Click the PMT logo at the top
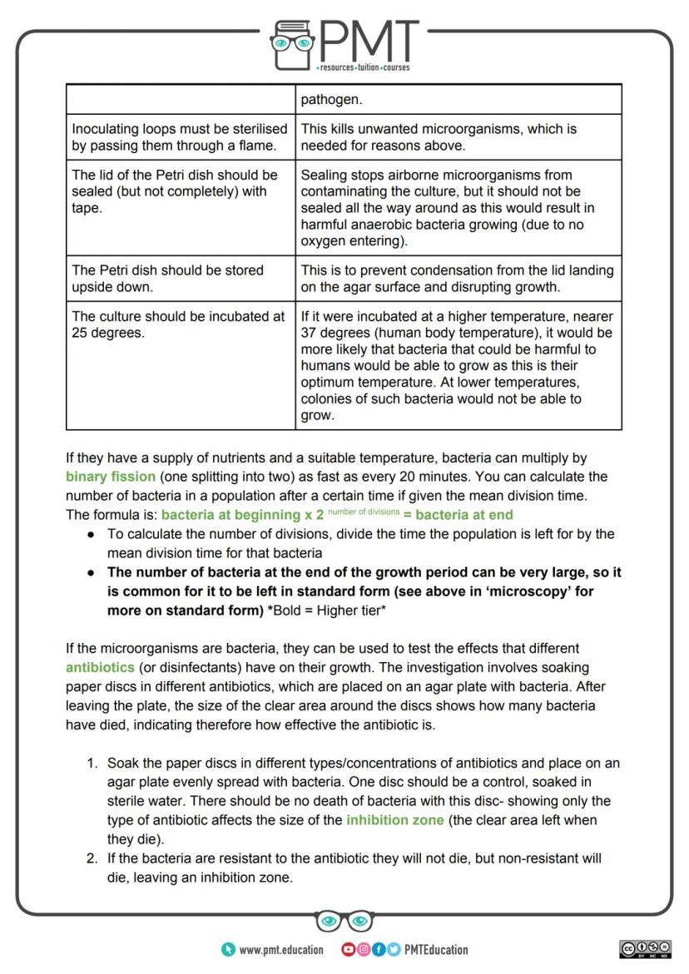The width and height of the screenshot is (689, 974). pyautogui.click(x=344, y=42)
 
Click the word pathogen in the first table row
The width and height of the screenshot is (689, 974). pyautogui.click(x=331, y=100)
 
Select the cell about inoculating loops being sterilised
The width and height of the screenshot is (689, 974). pyautogui.click(x=180, y=137)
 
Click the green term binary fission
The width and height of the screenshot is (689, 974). pyautogui.click(x=111, y=477)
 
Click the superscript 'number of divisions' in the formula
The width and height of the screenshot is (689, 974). pyautogui.click(x=364, y=512)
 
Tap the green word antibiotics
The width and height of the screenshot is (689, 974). pyautogui.click(x=100, y=667)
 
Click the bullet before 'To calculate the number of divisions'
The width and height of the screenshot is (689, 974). pyautogui.click(x=91, y=534)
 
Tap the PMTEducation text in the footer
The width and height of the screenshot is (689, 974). pyautogui.click(x=435, y=950)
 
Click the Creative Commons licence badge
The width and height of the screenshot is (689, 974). pyautogui.click(x=645, y=949)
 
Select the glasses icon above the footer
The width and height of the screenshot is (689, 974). pyautogui.click(x=344, y=921)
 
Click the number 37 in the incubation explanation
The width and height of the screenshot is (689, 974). pyautogui.click(x=310, y=333)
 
